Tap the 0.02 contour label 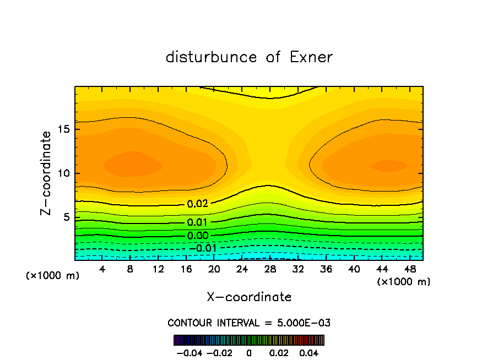coord(198,204)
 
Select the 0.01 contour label coord(198,222)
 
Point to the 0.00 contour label coord(198,236)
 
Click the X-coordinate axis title coord(249,297)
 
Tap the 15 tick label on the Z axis coord(64,130)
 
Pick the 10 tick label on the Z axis coord(64,173)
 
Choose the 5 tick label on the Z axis coord(67,217)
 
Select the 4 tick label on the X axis coord(102,269)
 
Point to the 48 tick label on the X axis coord(409,269)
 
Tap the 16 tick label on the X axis coord(186,269)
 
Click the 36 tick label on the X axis coord(326,269)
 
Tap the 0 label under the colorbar coord(249,352)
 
